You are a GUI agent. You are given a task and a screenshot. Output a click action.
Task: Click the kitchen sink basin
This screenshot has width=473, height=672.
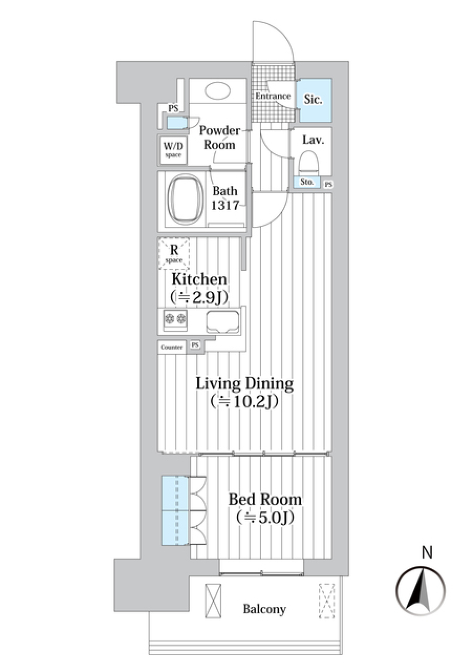click(x=223, y=322)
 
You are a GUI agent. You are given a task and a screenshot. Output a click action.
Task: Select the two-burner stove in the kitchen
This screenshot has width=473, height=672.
click(x=175, y=318)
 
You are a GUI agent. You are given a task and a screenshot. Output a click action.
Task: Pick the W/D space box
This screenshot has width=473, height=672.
click(x=173, y=150)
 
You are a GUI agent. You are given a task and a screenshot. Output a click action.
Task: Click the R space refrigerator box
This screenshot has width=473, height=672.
click(x=174, y=253)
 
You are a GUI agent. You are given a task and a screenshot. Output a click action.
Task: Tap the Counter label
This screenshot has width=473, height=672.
click(x=171, y=348)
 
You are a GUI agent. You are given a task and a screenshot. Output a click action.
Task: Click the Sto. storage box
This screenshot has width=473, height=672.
click(x=307, y=182)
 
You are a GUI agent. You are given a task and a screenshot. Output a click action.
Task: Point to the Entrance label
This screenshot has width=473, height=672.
click(x=273, y=96)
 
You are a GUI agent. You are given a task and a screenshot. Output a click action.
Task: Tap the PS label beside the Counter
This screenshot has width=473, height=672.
click(x=195, y=345)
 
